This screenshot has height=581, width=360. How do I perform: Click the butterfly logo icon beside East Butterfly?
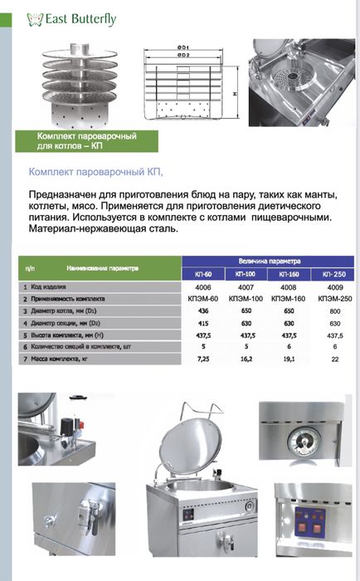[x=34, y=16]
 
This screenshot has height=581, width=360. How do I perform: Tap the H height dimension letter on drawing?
[x=236, y=94]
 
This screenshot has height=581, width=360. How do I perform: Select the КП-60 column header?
[x=202, y=273]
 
